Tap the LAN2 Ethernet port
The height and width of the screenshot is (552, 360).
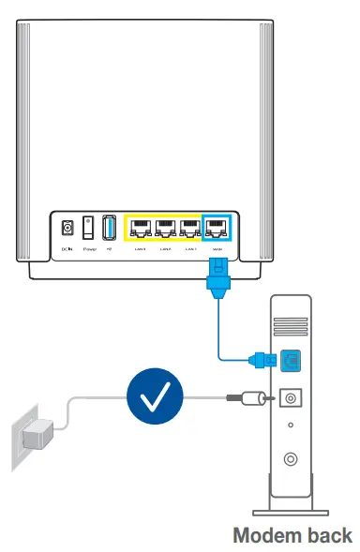pyautogui.click(x=165, y=227)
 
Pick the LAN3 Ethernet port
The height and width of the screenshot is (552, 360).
pyautogui.click(x=190, y=227)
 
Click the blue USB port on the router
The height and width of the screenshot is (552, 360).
pyautogui.click(x=108, y=228)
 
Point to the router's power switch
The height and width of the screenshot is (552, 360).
pyautogui.click(x=88, y=228)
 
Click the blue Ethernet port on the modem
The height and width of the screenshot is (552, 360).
pyautogui.click(x=289, y=357)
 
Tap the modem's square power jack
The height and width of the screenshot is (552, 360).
pyautogui.click(x=290, y=398)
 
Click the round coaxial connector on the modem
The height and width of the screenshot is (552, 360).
pyautogui.click(x=290, y=460)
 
